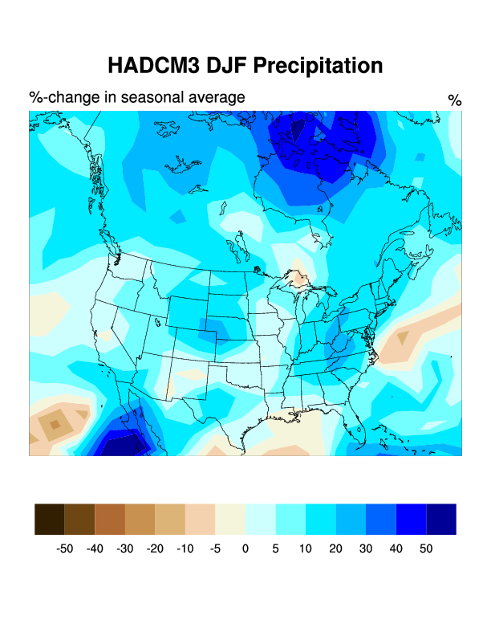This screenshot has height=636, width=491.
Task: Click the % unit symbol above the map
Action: click(455, 100)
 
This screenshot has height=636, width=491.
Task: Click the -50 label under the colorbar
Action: click(64, 548)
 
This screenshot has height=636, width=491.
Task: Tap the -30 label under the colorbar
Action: click(124, 548)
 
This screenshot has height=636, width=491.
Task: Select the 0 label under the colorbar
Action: click(245, 548)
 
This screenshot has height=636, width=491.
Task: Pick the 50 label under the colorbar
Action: click(426, 548)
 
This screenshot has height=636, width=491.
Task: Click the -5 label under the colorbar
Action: click(215, 548)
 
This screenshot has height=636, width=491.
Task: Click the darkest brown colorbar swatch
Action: click(50, 519)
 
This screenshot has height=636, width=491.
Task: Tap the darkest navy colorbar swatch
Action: click(441, 519)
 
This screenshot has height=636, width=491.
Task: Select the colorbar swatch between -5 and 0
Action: click(230, 519)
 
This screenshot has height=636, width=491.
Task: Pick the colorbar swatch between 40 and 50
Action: click(411, 519)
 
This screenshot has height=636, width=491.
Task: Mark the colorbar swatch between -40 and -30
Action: click(110, 519)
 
